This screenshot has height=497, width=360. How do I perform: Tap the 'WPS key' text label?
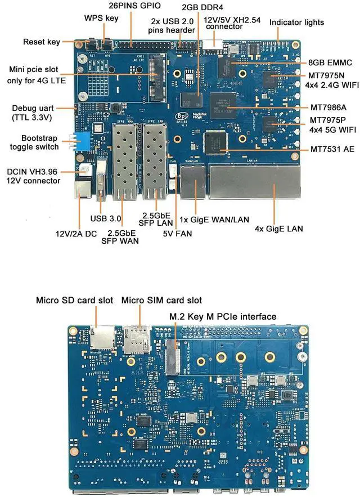tap(102, 17)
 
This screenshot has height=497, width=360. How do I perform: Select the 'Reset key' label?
tap(41, 42)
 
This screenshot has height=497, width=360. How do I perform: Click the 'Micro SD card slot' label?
tap(74, 300)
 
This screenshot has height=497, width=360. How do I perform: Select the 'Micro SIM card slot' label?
tap(162, 300)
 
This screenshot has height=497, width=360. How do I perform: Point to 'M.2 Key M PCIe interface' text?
tap(223, 317)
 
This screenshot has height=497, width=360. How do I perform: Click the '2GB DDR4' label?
tap(205, 7)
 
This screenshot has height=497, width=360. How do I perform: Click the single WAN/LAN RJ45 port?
tap(193, 184)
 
